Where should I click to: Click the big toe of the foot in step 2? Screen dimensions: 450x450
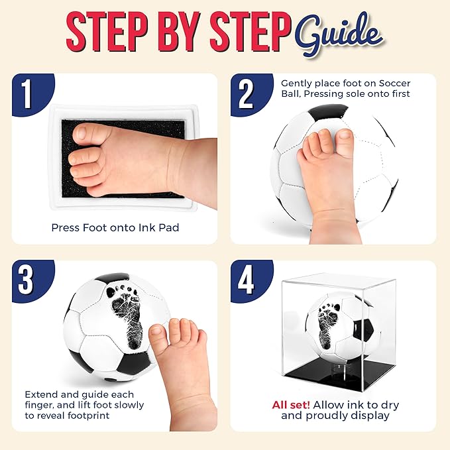pos(344,140)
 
